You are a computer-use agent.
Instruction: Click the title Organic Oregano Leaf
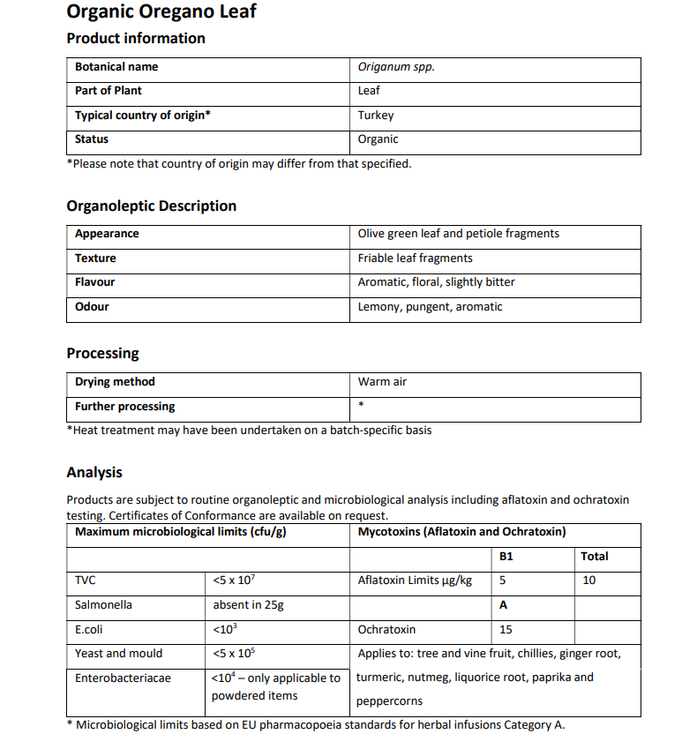click(161, 12)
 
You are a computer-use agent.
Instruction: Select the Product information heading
click(136, 38)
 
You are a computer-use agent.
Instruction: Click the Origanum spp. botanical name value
click(396, 67)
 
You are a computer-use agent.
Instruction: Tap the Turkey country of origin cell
click(376, 115)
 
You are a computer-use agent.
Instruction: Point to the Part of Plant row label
click(108, 91)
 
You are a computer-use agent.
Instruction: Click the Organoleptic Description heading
click(151, 206)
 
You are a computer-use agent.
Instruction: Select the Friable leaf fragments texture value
click(415, 258)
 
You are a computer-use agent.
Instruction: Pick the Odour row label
click(92, 307)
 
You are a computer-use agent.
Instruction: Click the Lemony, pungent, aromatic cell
click(430, 307)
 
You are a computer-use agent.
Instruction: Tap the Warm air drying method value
click(382, 382)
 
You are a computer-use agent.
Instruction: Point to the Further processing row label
click(124, 407)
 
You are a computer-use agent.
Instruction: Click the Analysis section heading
click(94, 472)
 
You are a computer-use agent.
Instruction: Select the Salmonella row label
click(103, 605)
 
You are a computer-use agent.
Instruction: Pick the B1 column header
click(506, 557)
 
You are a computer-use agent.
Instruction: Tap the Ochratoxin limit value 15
click(506, 630)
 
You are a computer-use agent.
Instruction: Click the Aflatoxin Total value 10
click(588, 580)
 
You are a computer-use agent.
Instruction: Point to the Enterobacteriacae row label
click(123, 678)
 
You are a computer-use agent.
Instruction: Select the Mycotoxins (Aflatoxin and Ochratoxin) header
click(461, 532)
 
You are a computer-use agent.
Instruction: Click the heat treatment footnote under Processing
click(249, 431)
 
